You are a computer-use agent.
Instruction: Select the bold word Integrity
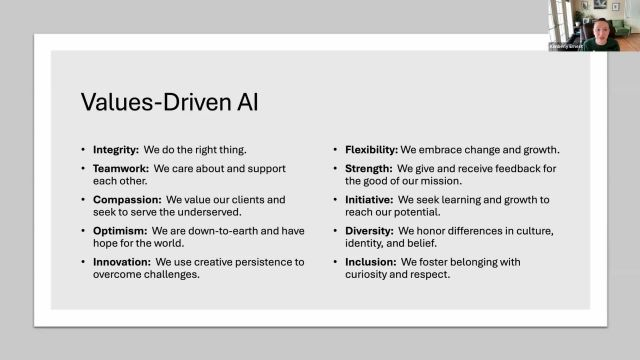pyautogui.click(x=114, y=149)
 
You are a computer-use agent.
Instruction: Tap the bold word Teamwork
pyautogui.click(x=118, y=170)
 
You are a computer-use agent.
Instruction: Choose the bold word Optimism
pyautogui.click(x=119, y=230)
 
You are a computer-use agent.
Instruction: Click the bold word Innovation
pyautogui.click(x=122, y=261)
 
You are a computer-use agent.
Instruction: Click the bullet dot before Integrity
pyautogui.click(x=83, y=149)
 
